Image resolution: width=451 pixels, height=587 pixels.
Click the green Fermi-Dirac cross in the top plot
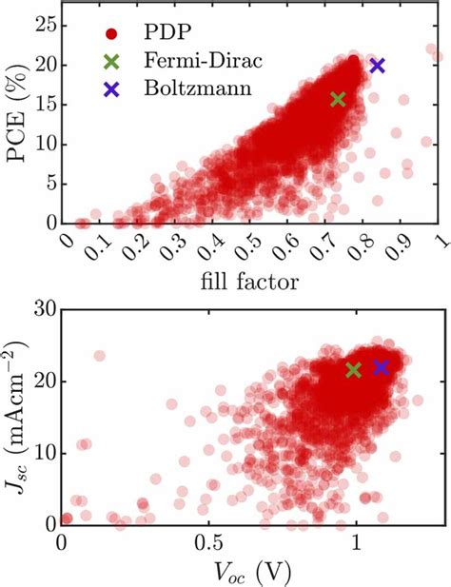[x=338, y=100]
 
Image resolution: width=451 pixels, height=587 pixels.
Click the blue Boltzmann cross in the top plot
[x=378, y=66]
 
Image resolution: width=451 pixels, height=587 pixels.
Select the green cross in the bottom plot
[x=354, y=370]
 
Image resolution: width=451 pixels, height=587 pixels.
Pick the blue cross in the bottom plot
[x=382, y=367]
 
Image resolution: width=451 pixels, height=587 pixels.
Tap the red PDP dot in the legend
[x=111, y=34]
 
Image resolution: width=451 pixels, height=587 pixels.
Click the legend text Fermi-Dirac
[x=204, y=60]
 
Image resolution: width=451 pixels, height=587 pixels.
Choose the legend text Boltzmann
[x=198, y=88]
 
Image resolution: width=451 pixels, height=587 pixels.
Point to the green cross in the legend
[x=111, y=62]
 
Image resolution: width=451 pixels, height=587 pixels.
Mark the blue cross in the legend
[x=111, y=89]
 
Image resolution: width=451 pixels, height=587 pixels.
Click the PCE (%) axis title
[x=18, y=114]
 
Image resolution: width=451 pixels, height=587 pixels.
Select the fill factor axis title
[x=249, y=282]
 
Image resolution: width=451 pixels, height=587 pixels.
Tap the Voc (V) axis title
[x=253, y=572]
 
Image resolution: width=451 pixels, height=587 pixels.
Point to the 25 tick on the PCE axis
[x=48, y=26]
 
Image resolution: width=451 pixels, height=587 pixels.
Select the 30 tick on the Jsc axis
[x=45, y=309]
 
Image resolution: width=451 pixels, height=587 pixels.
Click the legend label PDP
[x=167, y=32]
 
